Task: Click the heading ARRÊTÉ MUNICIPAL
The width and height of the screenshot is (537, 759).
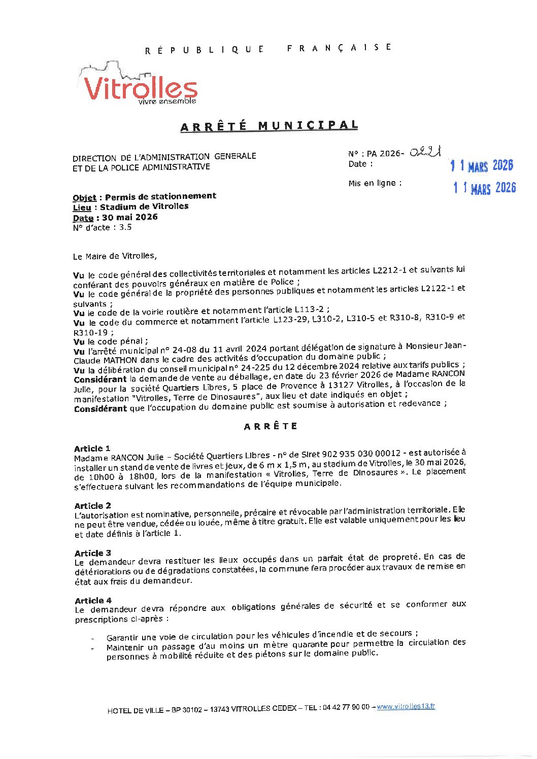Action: coord(269,126)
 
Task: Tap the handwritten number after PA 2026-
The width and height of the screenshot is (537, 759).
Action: coord(425,152)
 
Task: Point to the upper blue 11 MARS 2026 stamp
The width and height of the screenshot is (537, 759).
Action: coord(482,165)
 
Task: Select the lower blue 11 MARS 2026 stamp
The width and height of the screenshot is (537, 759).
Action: coord(484,188)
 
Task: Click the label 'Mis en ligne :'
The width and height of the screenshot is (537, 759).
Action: coord(375,183)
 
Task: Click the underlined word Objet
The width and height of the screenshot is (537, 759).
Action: coord(84,198)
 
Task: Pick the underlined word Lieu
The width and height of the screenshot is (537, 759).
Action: coord(82,208)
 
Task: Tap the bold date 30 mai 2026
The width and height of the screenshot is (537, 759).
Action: coord(130,217)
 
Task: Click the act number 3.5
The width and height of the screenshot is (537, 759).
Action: coord(125,227)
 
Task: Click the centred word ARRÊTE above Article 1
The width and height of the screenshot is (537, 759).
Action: coord(271,426)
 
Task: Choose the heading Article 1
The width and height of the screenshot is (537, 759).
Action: coord(92,448)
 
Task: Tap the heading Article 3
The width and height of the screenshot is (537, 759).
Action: coord(92,553)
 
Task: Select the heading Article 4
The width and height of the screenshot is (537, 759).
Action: coord(93,601)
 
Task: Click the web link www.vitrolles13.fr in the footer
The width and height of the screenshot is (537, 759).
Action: coord(406,706)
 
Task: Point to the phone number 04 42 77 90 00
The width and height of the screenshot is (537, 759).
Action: coord(346,707)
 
